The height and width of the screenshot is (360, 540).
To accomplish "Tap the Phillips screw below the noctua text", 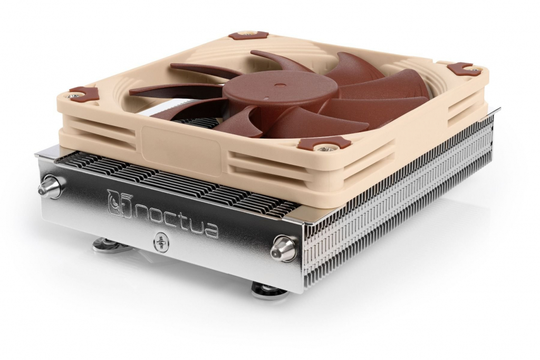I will [x=161, y=242].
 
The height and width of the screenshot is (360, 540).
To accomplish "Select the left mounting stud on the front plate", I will [x=52, y=187].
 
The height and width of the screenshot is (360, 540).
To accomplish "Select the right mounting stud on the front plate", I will [x=285, y=248].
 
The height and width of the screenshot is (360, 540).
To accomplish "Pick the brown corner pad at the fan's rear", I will [x=248, y=36].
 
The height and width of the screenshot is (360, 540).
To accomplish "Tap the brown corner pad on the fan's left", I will [x=83, y=94].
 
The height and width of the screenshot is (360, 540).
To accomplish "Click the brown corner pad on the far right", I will [x=460, y=69].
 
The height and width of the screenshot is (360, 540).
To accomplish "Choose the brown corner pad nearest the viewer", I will [x=317, y=143].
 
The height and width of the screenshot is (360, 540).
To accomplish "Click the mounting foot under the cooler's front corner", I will [x=269, y=289].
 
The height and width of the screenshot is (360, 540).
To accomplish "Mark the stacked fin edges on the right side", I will [x=401, y=211].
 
